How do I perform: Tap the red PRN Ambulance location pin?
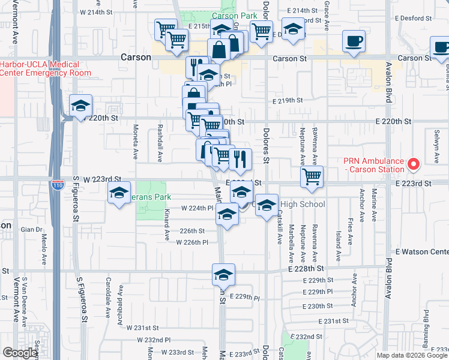(x=413, y=163)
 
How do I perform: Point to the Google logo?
(x=20, y=353)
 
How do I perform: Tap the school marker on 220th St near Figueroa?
(x=80, y=106)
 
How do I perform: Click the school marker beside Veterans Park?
(x=119, y=193)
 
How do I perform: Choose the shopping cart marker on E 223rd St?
(x=312, y=176)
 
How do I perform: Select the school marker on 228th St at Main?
(x=223, y=274)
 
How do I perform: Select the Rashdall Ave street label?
(x=160, y=145)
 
